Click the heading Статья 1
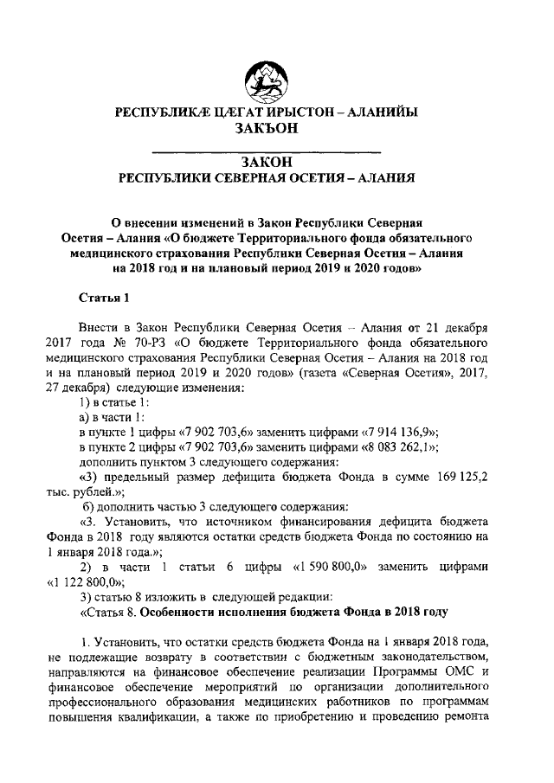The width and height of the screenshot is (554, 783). [x=104, y=298]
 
